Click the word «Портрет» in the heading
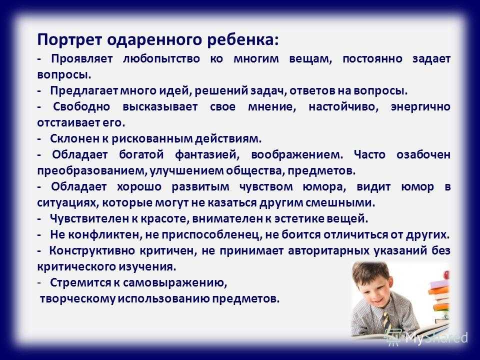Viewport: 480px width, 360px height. coord(69,40)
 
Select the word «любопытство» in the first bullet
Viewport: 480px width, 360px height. coord(161,59)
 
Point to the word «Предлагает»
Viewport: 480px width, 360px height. coord(84,91)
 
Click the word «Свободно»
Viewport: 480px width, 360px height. coord(81,106)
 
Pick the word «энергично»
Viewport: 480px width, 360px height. coord(420,107)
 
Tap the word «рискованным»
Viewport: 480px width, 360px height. coord(152,139)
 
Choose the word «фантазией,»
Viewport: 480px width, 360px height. coord(207,155)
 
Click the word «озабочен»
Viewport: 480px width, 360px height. coord(423,154)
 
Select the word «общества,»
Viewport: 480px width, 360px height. coord(255,171)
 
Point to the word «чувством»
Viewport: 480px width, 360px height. coord(266,187)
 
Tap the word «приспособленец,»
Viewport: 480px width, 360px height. coord(211,235)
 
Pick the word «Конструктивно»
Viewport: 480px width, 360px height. coord(92,250)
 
